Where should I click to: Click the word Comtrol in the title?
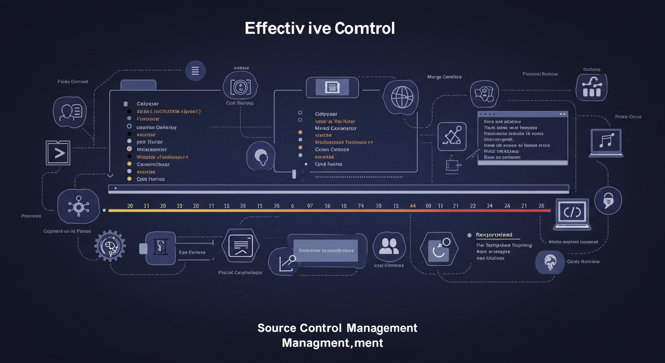(364, 28)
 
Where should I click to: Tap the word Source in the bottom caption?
(277, 328)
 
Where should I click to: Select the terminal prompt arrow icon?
(58, 153)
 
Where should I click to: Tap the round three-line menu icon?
(195, 71)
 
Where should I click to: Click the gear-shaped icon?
(110, 245)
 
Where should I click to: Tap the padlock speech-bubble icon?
(608, 201)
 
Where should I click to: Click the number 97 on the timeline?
(310, 206)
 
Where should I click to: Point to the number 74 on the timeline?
(361, 206)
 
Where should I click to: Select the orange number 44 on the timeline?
(412, 206)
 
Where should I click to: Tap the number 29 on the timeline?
(541, 206)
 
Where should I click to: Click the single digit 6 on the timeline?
(292, 206)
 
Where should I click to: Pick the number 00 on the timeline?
(428, 206)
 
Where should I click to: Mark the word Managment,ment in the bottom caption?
(332, 343)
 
